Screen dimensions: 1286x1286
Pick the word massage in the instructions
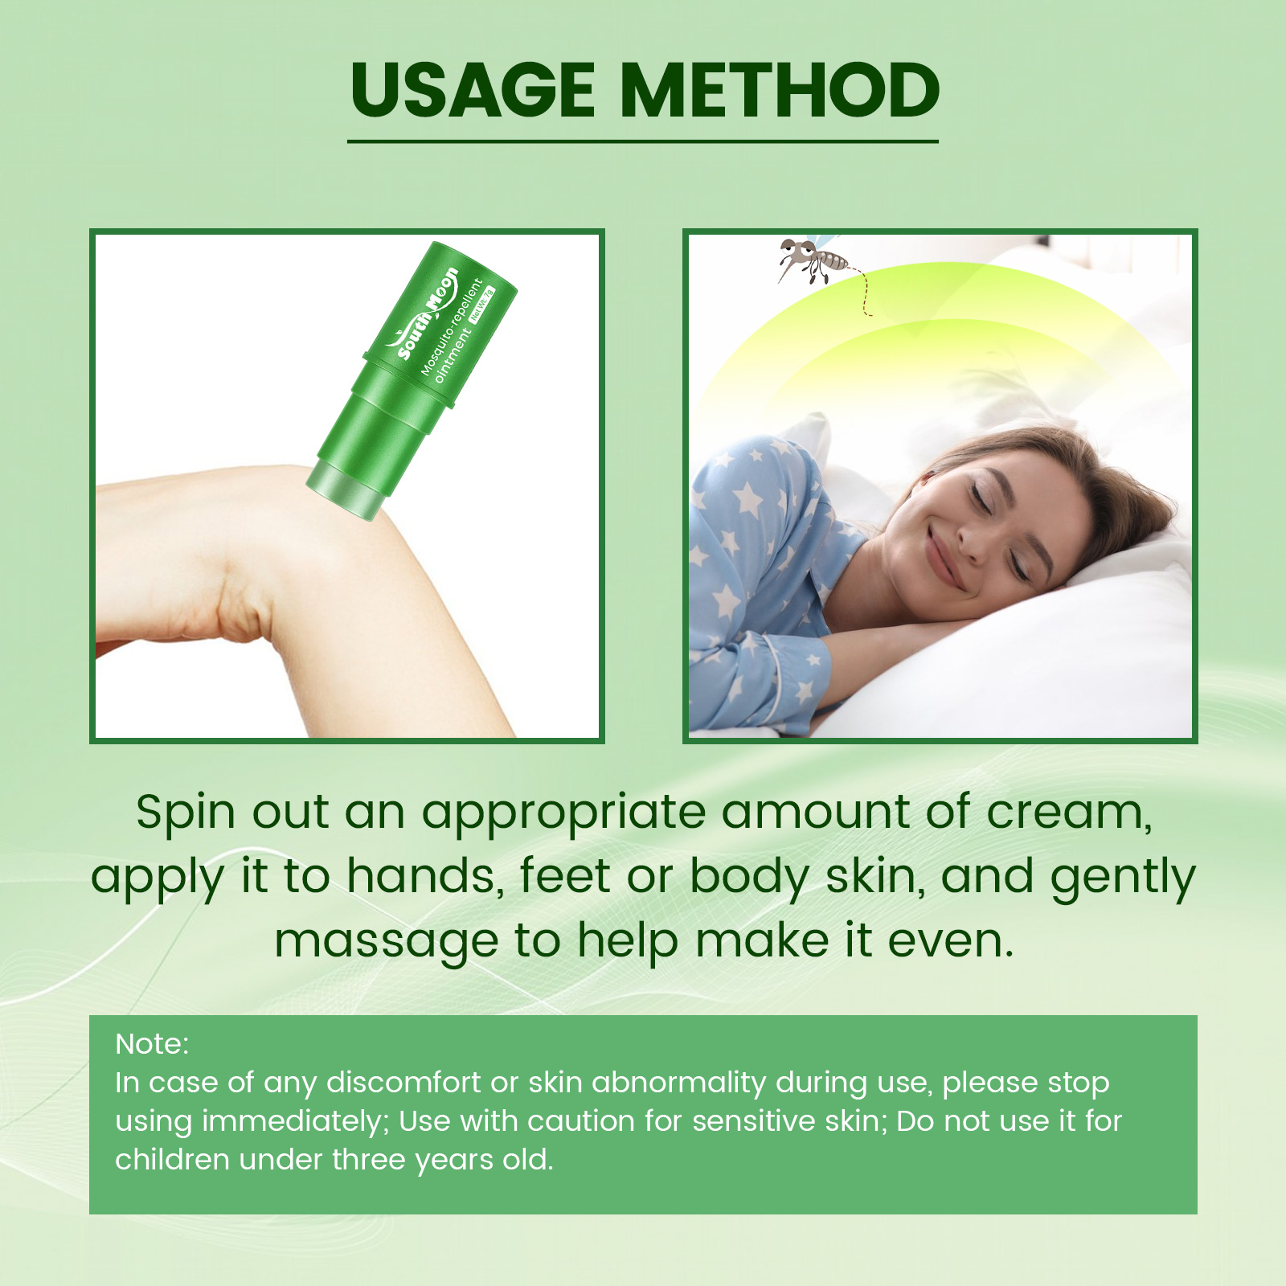pos(386,942)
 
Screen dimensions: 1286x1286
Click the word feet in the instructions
pos(565,876)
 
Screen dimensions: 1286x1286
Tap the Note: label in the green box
pos(152,1044)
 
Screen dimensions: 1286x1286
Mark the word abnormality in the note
pos(678,1083)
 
